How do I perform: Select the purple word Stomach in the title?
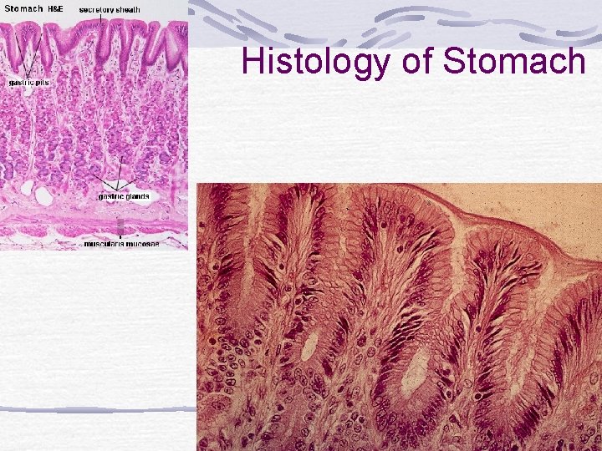(513, 62)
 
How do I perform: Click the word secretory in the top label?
(98, 9)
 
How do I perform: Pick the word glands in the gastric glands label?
(137, 197)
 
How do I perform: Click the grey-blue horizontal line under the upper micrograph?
(94, 409)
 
